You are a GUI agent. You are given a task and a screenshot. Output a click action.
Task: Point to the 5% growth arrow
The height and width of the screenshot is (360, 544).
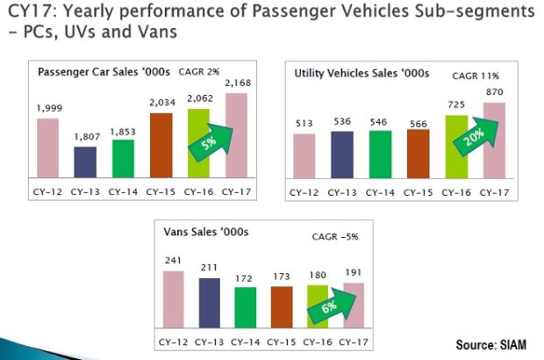click(206, 140)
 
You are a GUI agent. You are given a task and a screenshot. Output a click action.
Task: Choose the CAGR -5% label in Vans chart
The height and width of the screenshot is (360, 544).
click(336, 236)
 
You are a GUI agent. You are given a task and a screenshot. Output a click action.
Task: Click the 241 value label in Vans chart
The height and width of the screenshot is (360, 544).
click(174, 260)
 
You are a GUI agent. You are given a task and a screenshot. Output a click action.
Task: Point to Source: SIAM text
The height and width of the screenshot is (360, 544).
click(491, 343)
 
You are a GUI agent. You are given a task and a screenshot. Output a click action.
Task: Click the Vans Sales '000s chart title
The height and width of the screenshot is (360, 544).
click(207, 233)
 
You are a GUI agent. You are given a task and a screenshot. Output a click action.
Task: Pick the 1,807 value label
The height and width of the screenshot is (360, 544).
click(86, 138)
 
